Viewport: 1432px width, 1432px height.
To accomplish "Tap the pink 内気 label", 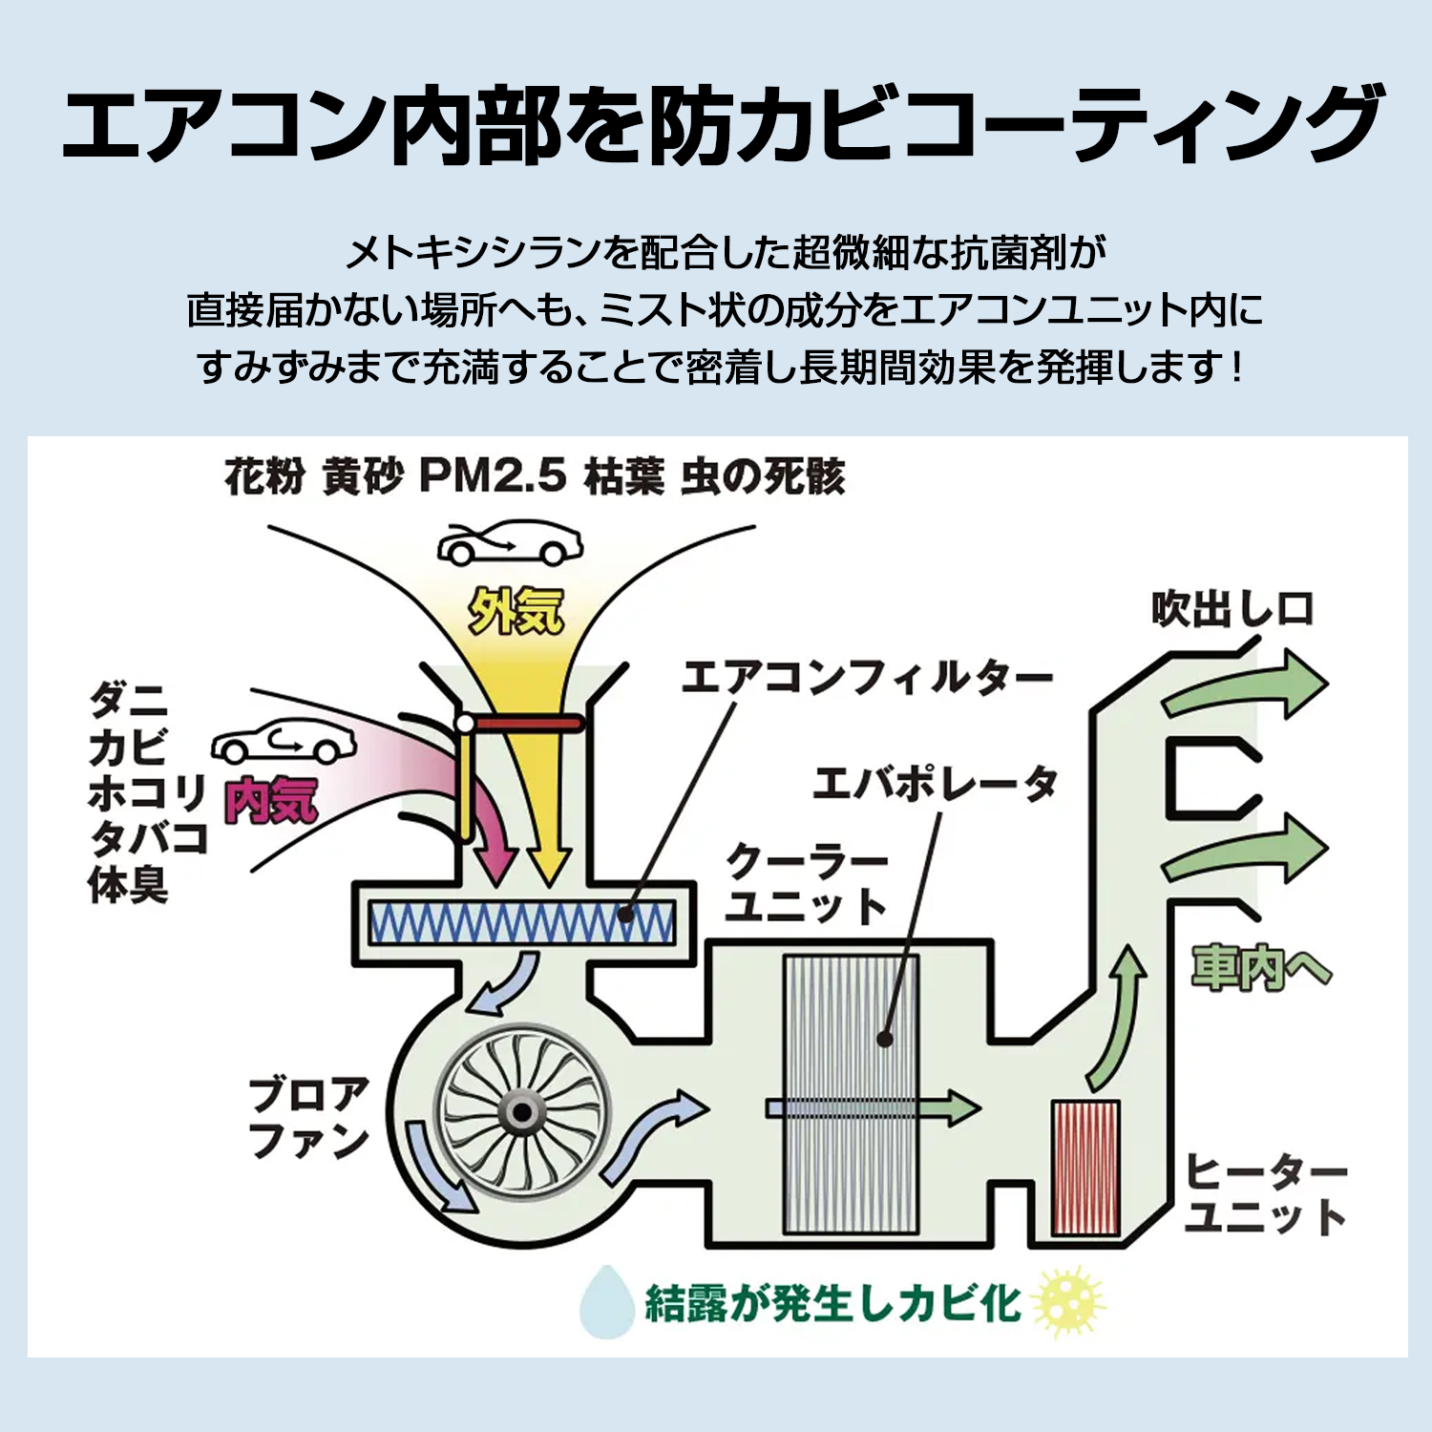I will click(x=271, y=800).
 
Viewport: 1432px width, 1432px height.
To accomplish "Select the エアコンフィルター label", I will click(x=866, y=678).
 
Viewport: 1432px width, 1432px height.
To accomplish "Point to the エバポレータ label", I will click(x=935, y=785).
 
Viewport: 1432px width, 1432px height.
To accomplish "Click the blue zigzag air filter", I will click(x=521, y=922).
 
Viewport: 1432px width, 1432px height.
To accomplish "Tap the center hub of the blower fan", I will click(x=521, y=1113).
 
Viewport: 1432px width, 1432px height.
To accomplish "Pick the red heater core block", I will click(x=1085, y=1168).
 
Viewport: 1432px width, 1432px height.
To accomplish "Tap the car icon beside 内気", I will click(x=284, y=740).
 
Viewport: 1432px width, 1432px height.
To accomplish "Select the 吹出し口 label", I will click(x=1232, y=609).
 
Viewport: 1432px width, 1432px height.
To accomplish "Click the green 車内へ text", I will click(x=1260, y=968).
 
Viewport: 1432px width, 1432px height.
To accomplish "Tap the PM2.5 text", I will click(x=493, y=475).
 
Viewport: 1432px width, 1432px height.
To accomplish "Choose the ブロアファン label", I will click(x=308, y=1117).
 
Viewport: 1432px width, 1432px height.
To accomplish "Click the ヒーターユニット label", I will click(x=1266, y=1193).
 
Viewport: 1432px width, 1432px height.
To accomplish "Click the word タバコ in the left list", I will click(x=149, y=838).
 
